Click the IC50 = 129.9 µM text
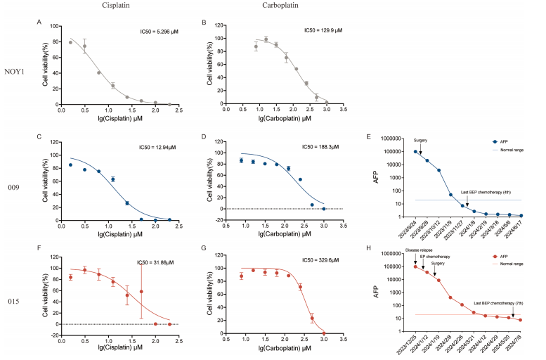pos(325,30)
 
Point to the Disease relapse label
pos(419,250)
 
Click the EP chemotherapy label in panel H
pos(437,257)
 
